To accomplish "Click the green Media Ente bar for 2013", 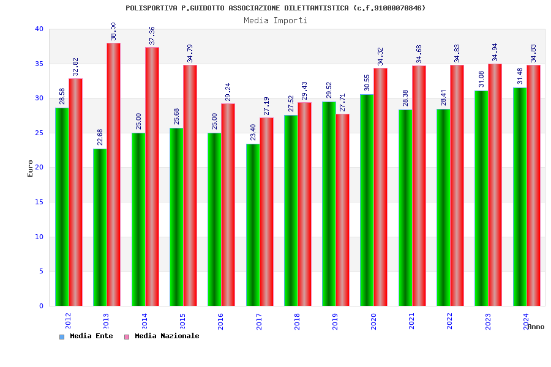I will click(100, 227).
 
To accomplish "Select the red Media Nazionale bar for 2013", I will click(113, 174).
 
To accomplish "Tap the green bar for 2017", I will click(253, 224).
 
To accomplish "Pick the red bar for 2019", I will click(342, 210).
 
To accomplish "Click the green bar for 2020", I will click(367, 200).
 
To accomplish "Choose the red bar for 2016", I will click(228, 204).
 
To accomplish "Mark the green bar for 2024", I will click(520, 196).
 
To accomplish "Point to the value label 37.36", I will click(152, 35).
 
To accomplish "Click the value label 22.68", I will click(100, 137).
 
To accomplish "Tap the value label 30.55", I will click(367, 83).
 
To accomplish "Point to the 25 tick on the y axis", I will click(39, 133).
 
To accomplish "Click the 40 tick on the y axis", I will click(39, 29).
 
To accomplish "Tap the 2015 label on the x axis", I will click(182, 321).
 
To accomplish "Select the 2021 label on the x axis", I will click(411, 321).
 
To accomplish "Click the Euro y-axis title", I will click(31, 168).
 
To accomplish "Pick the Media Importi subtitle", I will click(275, 20).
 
